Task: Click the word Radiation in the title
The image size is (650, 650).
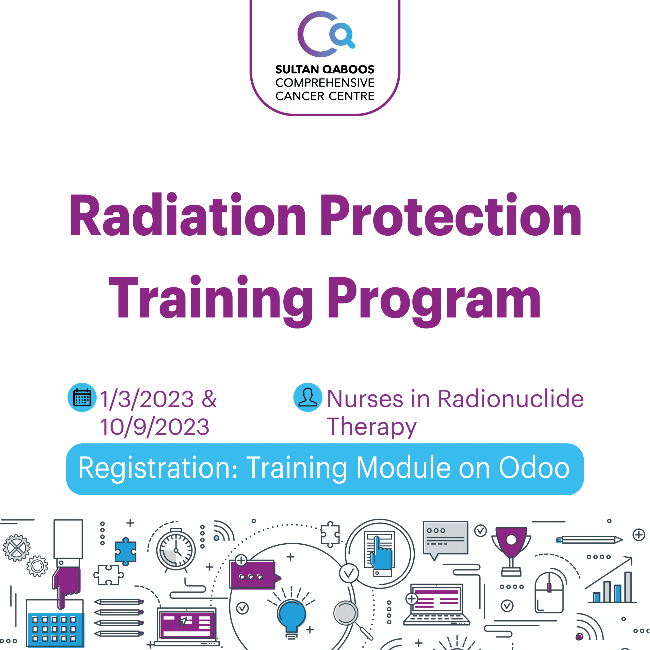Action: pyautogui.click(x=187, y=214)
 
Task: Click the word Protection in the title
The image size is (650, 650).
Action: pyautogui.click(x=451, y=214)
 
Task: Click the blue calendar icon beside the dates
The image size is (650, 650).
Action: pyautogui.click(x=82, y=397)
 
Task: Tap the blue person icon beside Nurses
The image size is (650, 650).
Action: pyautogui.click(x=308, y=397)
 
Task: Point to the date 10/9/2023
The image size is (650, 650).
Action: pyautogui.click(x=155, y=427)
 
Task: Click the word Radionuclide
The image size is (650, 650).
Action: pyautogui.click(x=511, y=399)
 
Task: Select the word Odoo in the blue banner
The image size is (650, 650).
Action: pyautogui.click(x=534, y=468)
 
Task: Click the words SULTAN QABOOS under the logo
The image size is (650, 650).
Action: pyautogui.click(x=325, y=70)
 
